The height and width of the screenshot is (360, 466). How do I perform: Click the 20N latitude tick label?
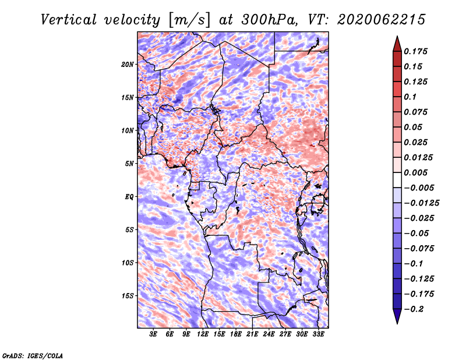(x=128, y=65)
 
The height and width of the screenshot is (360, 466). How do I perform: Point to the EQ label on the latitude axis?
(x=129, y=197)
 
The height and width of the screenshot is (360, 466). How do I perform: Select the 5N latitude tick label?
(x=129, y=164)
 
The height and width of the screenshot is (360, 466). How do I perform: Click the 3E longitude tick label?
(x=153, y=334)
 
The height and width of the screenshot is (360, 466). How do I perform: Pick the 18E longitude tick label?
(x=236, y=334)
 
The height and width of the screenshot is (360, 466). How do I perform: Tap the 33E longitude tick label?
(x=318, y=334)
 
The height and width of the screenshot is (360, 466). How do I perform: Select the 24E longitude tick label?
(x=269, y=334)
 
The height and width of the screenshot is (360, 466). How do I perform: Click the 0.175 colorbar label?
(x=415, y=51)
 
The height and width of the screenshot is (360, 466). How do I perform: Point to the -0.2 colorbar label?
(x=414, y=309)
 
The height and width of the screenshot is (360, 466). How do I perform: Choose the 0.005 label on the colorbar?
(x=415, y=172)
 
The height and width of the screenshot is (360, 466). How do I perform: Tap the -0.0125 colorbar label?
(x=421, y=203)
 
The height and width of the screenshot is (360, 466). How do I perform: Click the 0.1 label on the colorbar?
(x=410, y=97)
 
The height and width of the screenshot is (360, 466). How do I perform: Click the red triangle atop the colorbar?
(x=397, y=44)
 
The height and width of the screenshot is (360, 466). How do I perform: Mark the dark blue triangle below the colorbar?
(x=397, y=316)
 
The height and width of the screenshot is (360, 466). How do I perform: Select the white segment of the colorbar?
(x=397, y=180)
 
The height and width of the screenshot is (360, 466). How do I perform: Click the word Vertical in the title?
(x=69, y=20)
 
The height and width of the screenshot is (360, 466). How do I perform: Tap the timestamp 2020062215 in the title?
(x=381, y=20)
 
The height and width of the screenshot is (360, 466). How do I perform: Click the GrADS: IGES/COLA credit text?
(x=33, y=355)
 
